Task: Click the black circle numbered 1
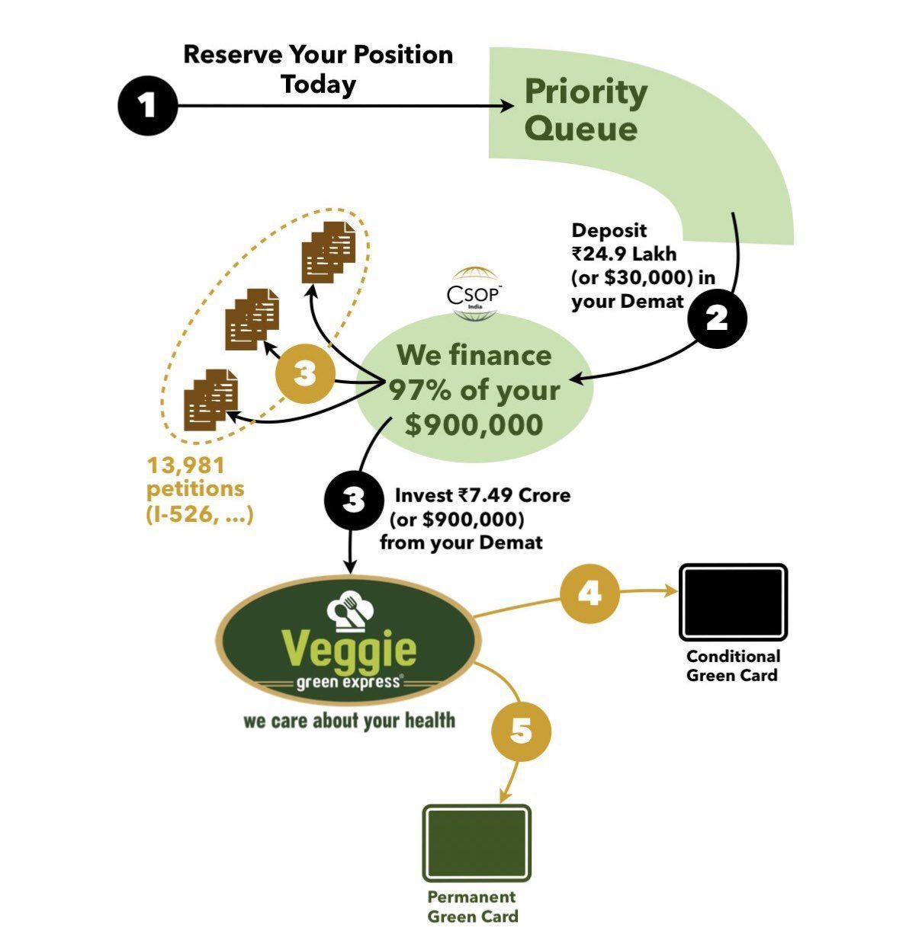coord(148,105)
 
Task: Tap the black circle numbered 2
coord(717,318)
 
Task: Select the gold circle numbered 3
coord(305,373)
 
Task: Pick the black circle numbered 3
coord(354,500)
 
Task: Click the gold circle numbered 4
coord(590,593)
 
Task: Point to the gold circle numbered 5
coord(521,731)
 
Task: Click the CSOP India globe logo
coord(474,294)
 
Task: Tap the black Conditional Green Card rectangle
coord(733,602)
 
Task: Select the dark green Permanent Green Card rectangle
coord(477,843)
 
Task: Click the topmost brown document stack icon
coord(328,252)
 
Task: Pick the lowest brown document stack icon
coord(210,400)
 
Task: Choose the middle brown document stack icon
coord(252,319)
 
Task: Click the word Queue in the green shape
coord(580,130)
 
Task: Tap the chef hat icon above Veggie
coord(350,611)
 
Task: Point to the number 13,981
coord(185,466)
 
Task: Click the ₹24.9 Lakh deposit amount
coord(624,254)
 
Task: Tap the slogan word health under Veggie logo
coord(430,720)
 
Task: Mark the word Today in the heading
coord(319,85)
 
